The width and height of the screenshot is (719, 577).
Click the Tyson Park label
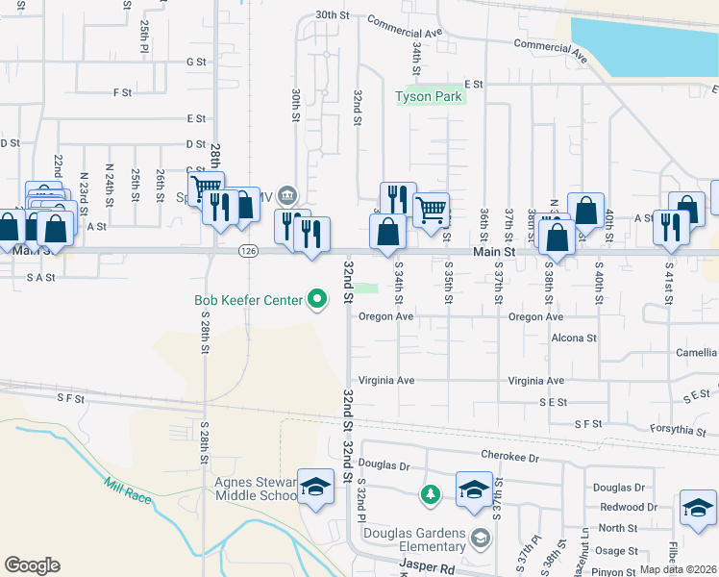pyautogui.click(x=430, y=96)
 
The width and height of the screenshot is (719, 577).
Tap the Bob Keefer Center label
pyautogui.click(x=249, y=300)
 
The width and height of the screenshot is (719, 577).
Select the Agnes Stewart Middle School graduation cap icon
pyautogui.click(x=314, y=488)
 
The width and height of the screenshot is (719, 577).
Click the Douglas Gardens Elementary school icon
pyautogui.click(x=473, y=489)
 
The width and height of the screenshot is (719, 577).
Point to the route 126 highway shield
pyautogui.click(x=248, y=251)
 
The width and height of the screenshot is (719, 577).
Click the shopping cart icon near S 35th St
pyautogui.click(x=432, y=207)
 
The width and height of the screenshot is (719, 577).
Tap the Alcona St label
pyautogui.click(x=574, y=339)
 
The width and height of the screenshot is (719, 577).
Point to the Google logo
pyautogui.click(x=32, y=565)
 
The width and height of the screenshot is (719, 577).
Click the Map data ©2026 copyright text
pyautogui.click(x=678, y=569)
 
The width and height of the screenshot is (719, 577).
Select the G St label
pyautogui.click(x=197, y=62)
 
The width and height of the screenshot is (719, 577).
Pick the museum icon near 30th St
pyautogui.click(x=287, y=196)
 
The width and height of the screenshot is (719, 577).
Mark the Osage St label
pyautogui.click(x=617, y=551)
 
